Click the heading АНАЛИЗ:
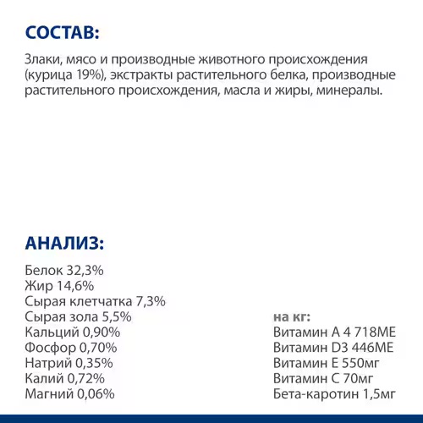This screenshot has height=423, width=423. [x=64, y=244]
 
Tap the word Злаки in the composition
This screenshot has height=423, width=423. [x=45, y=61]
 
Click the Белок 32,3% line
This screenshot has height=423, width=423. [x=65, y=270]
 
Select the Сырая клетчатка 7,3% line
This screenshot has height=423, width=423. [x=96, y=301]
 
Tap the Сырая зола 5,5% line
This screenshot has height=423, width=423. [x=79, y=316]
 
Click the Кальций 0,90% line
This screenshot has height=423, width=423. [x=73, y=332]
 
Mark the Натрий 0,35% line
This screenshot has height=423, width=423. [x=70, y=363]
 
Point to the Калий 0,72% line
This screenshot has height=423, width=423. [x=65, y=378]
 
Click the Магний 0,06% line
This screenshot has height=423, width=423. [x=70, y=394]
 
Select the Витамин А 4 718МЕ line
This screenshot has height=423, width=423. [x=334, y=332]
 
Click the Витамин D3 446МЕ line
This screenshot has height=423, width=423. [x=333, y=348]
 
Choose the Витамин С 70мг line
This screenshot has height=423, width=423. [x=325, y=378]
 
